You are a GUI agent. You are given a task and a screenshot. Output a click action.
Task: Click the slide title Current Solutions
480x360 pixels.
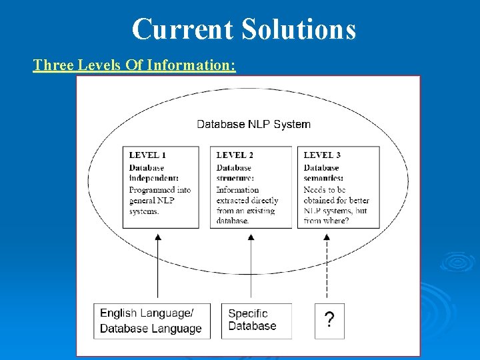(x=244, y=29)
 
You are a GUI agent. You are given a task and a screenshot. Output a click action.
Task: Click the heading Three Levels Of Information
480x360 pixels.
(x=134, y=65)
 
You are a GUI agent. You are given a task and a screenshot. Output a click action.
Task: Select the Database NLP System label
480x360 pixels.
(x=253, y=124)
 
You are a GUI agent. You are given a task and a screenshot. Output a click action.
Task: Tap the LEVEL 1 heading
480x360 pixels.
(x=147, y=155)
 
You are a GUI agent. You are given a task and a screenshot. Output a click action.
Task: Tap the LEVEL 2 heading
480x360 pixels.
(x=235, y=155)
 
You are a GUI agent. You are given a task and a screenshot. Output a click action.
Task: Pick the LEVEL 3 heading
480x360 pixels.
(x=322, y=155)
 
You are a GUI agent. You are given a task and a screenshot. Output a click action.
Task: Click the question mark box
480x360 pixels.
(x=329, y=321)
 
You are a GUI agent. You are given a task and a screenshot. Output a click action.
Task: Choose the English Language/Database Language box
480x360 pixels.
(x=151, y=321)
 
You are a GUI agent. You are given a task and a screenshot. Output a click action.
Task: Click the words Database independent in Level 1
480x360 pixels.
(x=153, y=173)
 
